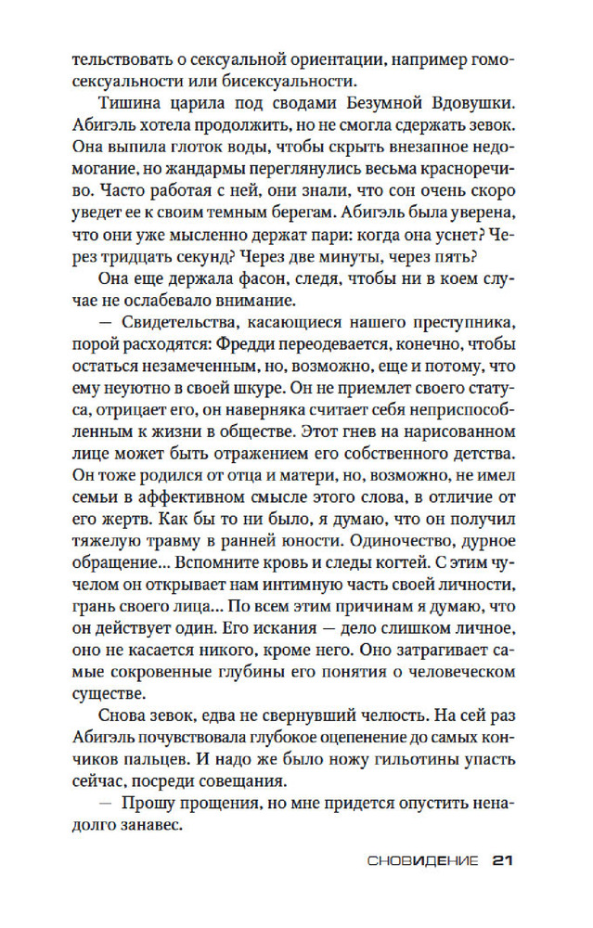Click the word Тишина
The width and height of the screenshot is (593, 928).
coord(129,99)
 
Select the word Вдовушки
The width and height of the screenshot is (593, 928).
coord(470,99)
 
